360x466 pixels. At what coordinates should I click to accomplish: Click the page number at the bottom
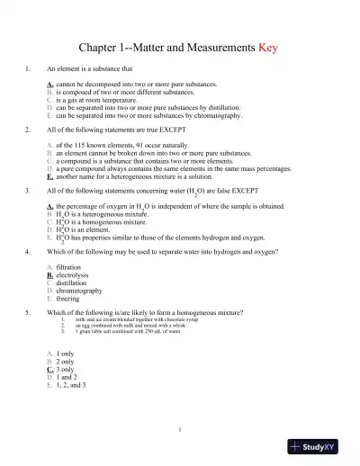tap(180, 429)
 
